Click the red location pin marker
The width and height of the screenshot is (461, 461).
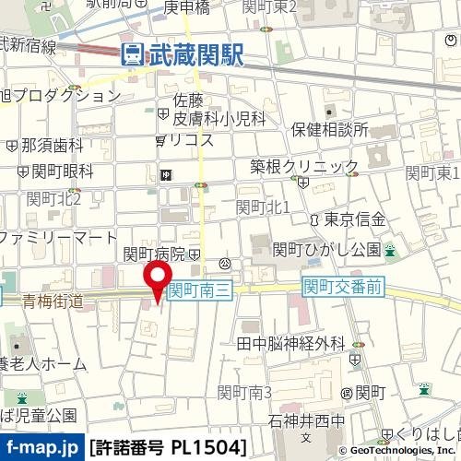[157, 279]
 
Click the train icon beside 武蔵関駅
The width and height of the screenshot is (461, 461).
[132, 55]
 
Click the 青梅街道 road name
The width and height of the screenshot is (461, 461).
[53, 301]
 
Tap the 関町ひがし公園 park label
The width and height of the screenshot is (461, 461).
[326, 249]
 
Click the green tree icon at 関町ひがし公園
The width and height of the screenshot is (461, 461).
[390, 250]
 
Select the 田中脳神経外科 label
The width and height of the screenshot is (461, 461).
[290, 344]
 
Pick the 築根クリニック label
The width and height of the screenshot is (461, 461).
[304, 166]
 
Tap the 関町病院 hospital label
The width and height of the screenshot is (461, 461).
[155, 254]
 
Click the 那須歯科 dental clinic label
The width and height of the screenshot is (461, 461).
[51, 145]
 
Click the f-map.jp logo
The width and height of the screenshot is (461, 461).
[41, 448]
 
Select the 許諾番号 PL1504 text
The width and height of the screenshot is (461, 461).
[169, 448]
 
